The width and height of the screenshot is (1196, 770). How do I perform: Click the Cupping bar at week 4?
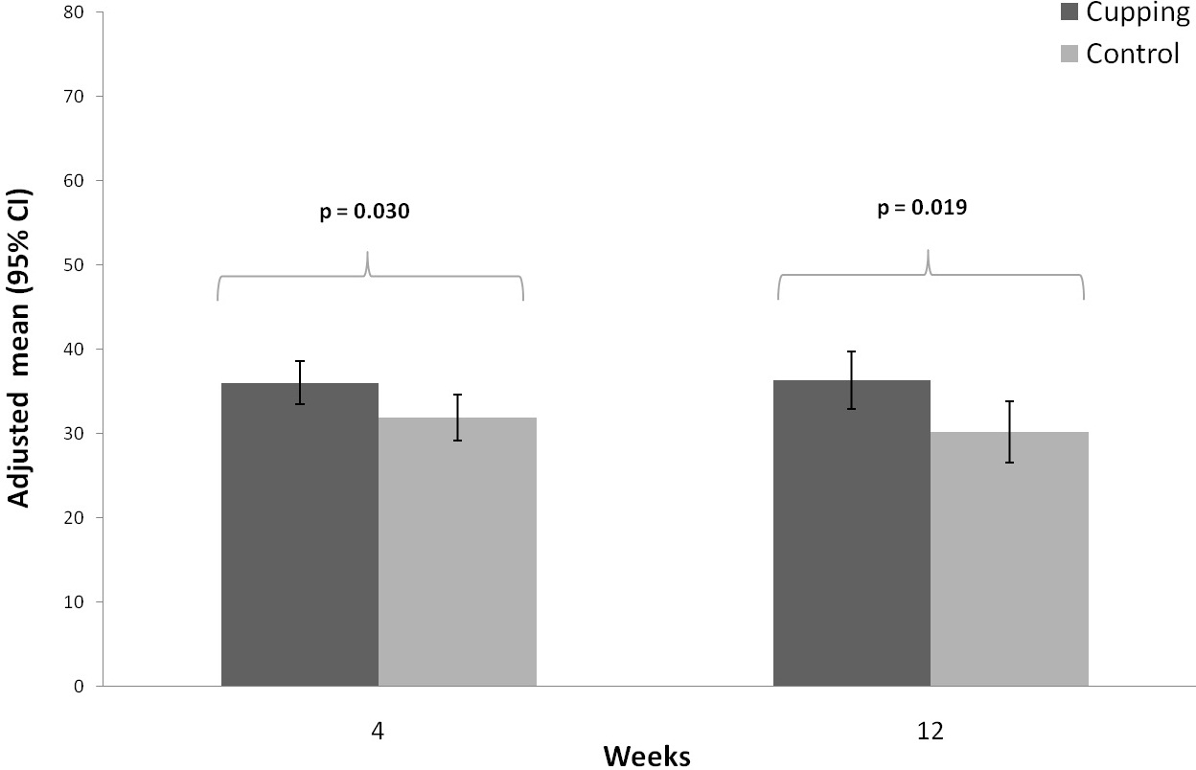300,534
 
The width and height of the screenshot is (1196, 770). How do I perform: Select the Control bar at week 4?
457,552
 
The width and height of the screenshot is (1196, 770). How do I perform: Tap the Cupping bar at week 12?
852,533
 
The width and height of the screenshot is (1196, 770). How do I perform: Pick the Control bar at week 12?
1009,558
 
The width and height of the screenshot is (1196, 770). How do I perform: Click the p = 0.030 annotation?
365,212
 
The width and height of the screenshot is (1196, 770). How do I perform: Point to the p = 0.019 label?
922,208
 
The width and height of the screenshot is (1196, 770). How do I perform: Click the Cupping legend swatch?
1069,11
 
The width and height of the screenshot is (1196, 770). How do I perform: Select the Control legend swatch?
1069,54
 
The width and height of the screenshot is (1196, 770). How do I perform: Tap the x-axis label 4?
378,731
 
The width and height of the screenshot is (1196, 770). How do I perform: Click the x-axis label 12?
931,731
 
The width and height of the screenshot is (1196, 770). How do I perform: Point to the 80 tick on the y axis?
74,12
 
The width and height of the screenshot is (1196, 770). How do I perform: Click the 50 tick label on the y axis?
74,265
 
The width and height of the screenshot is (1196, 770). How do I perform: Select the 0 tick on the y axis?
79,687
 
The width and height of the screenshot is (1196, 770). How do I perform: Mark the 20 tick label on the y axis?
74,517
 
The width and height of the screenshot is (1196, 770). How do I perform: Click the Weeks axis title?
647,757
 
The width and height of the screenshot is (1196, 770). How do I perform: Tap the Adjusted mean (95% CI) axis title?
19,348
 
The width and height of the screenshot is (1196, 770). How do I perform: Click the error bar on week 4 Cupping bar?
300,382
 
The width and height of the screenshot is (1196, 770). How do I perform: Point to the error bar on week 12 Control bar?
1009,432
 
